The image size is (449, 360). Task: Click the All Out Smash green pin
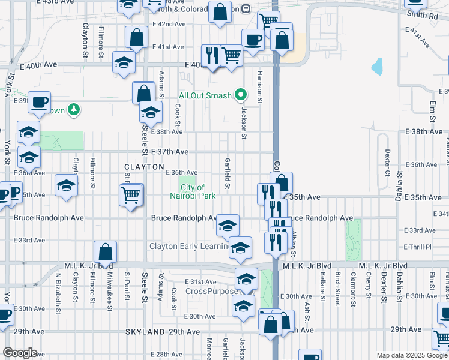pos(241,95)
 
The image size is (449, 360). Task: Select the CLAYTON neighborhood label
pos(144,166)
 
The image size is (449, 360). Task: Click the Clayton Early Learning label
pos(188,247)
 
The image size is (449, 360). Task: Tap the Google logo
pos(19,353)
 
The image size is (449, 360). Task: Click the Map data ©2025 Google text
pos(412,355)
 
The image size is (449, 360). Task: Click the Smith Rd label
pos(422,15)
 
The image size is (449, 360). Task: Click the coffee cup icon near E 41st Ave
pos(253,39)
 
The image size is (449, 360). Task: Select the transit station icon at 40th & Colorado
pos(247,9)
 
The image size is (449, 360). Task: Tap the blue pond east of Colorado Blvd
pos(377,67)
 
